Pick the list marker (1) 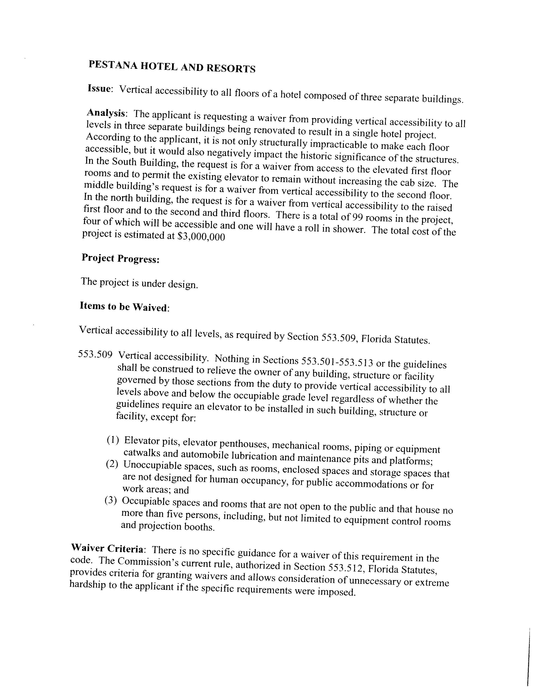[113, 440]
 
